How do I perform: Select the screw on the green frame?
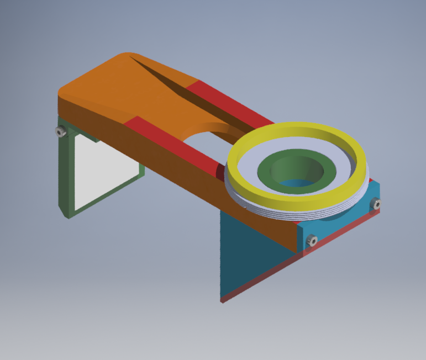click(60, 131)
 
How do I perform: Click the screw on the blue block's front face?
click(312, 240)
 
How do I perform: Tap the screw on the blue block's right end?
click(377, 204)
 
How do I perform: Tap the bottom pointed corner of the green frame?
click(68, 215)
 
